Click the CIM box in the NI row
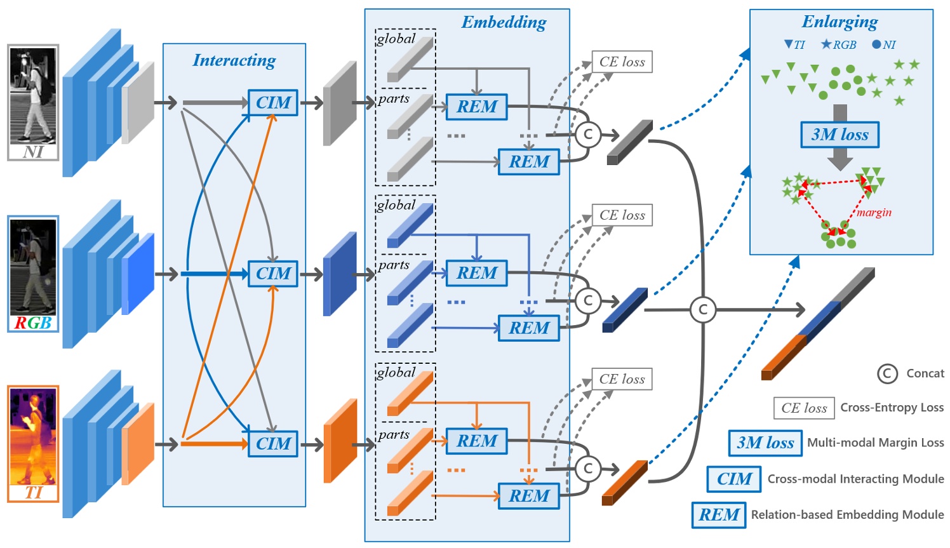(273, 103)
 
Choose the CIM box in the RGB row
(273, 274)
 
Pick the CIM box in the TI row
(273, 444)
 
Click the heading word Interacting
(234, 60)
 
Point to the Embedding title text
(504, 22)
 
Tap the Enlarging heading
(840, 22)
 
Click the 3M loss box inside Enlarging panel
(840, 135)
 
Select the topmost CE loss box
(622, 62)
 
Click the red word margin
(874, 213)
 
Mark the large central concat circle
(702, 310)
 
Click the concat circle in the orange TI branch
(588, 469)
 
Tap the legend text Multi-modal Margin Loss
(875, 443)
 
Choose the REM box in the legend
(719, 515)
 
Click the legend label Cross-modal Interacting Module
(855, 479)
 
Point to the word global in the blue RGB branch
(396, 205)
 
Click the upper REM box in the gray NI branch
(477, 107)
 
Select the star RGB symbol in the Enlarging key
(826, 44)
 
